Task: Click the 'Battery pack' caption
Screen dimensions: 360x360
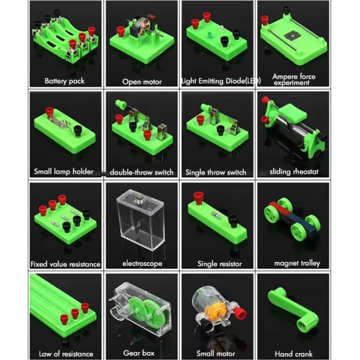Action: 64,81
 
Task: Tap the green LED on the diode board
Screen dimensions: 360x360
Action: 209,36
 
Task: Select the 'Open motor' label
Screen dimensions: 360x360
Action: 142,82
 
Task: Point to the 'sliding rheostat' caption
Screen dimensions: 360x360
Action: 294,172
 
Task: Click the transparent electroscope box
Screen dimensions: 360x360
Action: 140,221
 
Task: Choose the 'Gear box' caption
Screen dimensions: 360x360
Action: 139,353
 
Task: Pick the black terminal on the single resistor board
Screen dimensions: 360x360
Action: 233,220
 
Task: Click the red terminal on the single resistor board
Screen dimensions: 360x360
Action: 198,198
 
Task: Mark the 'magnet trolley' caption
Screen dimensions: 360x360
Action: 297,263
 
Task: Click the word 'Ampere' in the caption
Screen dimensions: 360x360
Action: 284,76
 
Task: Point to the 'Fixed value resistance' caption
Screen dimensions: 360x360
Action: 65,264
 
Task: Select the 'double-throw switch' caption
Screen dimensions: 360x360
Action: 142,172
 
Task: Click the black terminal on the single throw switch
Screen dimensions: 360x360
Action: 220,130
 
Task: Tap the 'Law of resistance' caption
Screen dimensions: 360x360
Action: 66,354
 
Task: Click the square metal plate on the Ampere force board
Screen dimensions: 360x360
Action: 292,36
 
